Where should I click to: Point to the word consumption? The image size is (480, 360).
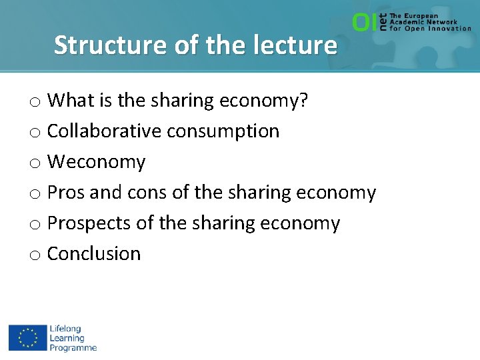pyautogui.click(x=223, y=131)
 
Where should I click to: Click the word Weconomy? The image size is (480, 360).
pyautogui.click(x=96, y=162)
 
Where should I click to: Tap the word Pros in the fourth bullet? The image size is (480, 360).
pyautogui.click(x=66, y=193)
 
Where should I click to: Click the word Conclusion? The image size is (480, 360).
pyautogui.click(x=94, y=254)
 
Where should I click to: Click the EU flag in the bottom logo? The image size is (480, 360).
pyautogui.click(x=27, y=337)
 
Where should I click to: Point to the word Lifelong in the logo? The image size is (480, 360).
pyautogui.click(x=65, y=329)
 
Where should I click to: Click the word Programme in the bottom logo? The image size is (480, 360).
pyautogui.click(x=73, y=347)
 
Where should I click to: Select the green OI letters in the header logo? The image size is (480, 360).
pyautogui.click(x=364, y=23)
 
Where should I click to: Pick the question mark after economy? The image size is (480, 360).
pyautogui.click(x=303, y=101)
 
